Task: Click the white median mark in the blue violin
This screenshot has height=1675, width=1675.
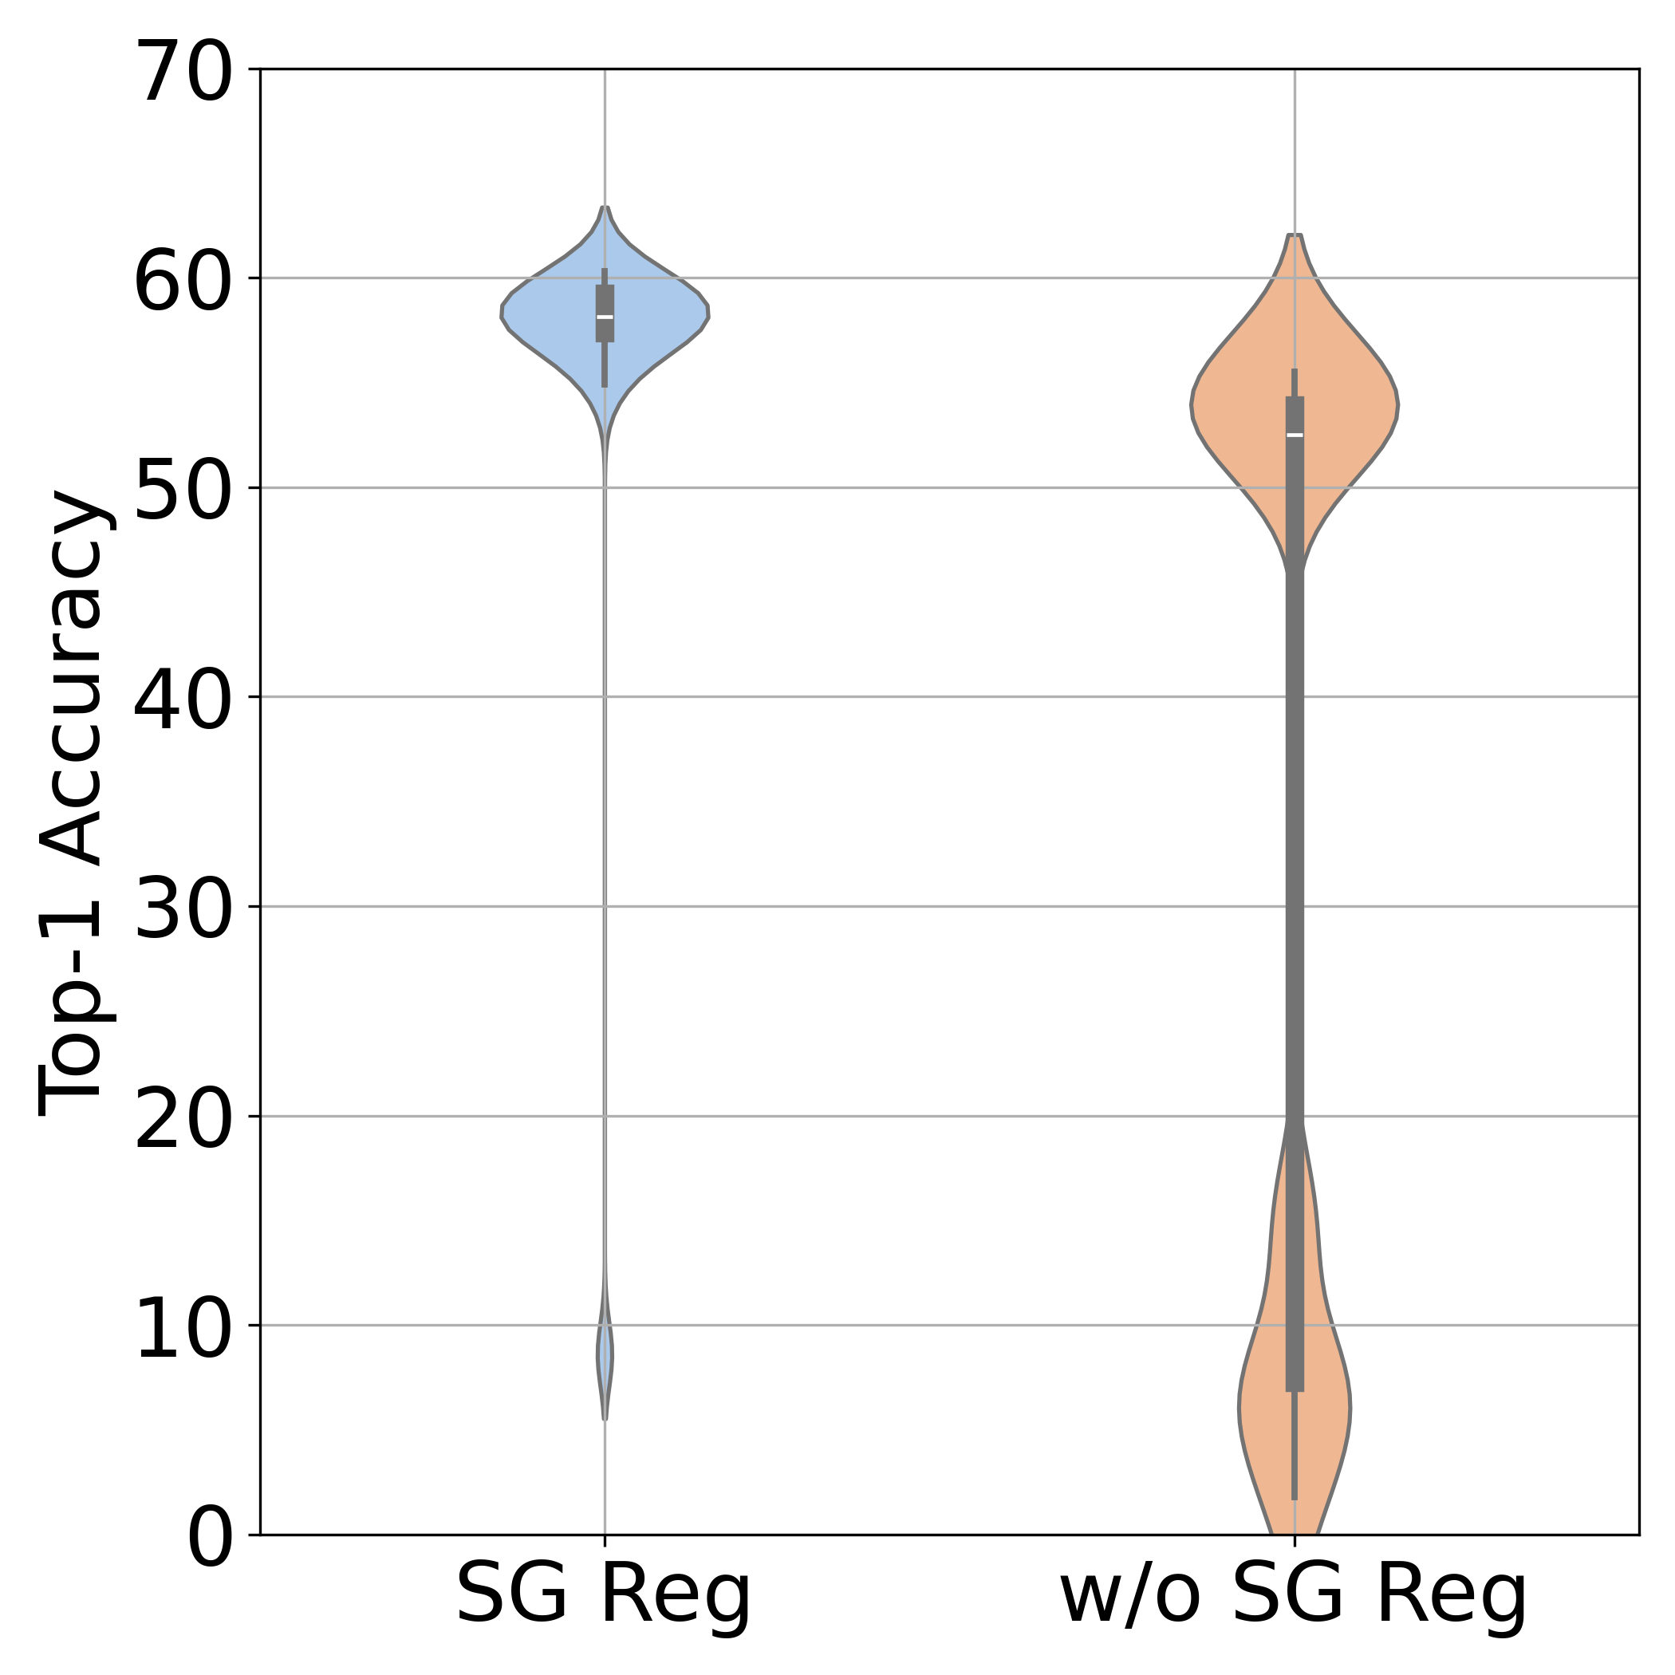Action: [x=605, y=317]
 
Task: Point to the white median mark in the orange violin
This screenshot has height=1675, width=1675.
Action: [x=1295, y=435]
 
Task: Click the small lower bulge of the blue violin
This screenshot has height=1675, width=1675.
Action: [x=605, y=1357]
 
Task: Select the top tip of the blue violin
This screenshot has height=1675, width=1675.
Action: [x=605, y=209]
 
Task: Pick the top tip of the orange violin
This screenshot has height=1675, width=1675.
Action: [x=1295, y=237]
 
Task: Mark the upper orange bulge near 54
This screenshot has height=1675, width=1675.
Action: [x=1295, y=405]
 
